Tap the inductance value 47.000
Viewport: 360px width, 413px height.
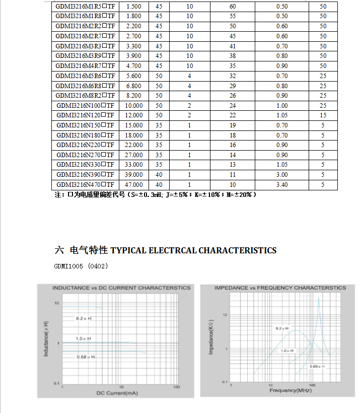coord(134,185)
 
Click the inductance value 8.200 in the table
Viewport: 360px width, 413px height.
coord(134,96)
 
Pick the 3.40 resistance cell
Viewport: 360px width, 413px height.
coord(282,185)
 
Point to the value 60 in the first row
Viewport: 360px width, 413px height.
coord(233,6)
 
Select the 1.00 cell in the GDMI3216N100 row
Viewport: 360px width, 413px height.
coord(282,106)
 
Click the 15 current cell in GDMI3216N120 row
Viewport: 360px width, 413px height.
coord(323,115)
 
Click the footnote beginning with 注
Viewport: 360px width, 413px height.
coord(156,194)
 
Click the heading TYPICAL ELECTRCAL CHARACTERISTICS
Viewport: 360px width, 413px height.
coord(193,250)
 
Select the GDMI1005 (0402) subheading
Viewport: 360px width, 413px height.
coord(81,265)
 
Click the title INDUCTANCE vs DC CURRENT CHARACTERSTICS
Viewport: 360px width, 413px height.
coord(122,288)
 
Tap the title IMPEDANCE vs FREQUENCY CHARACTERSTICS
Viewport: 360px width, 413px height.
coord(280,288)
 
